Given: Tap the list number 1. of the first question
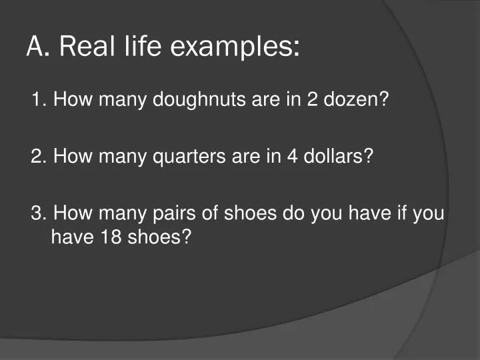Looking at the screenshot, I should point(39,101).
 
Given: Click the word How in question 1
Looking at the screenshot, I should point(68,101).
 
